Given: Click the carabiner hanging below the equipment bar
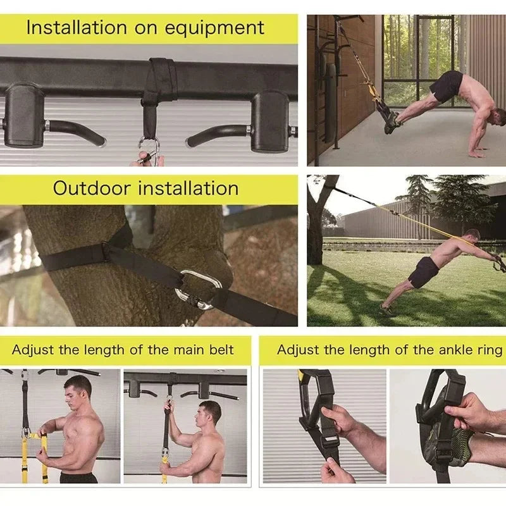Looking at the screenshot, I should [x=150, y=152].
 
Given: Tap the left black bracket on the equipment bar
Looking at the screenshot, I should [x=23, y=114].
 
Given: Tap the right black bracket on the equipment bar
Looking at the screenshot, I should [x=269, y=120].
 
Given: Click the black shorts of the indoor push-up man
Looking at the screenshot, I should [x=447, y=86].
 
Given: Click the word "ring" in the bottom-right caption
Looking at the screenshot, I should [x=491, y=350].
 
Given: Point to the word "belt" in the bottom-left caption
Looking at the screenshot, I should [x=219, y=350].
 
